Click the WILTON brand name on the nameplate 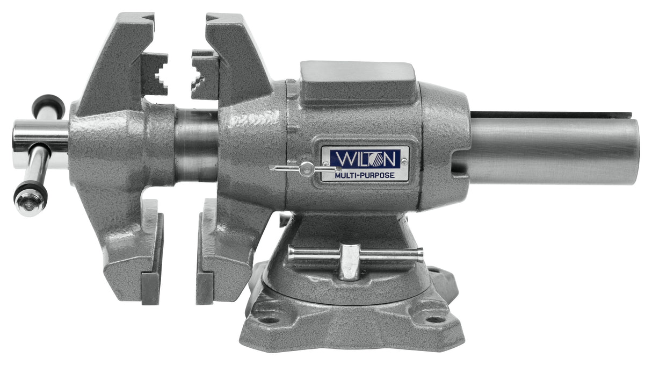click(x=364, y=159)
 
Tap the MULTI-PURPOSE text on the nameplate click(x=364, y=174)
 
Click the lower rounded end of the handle click(x=29, y=200)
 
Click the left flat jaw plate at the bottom click(x=150, y=288)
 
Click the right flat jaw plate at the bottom click(x=205, y=288)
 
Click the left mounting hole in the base click(x=269, y=318)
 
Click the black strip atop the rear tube click(x=550, y=114)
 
